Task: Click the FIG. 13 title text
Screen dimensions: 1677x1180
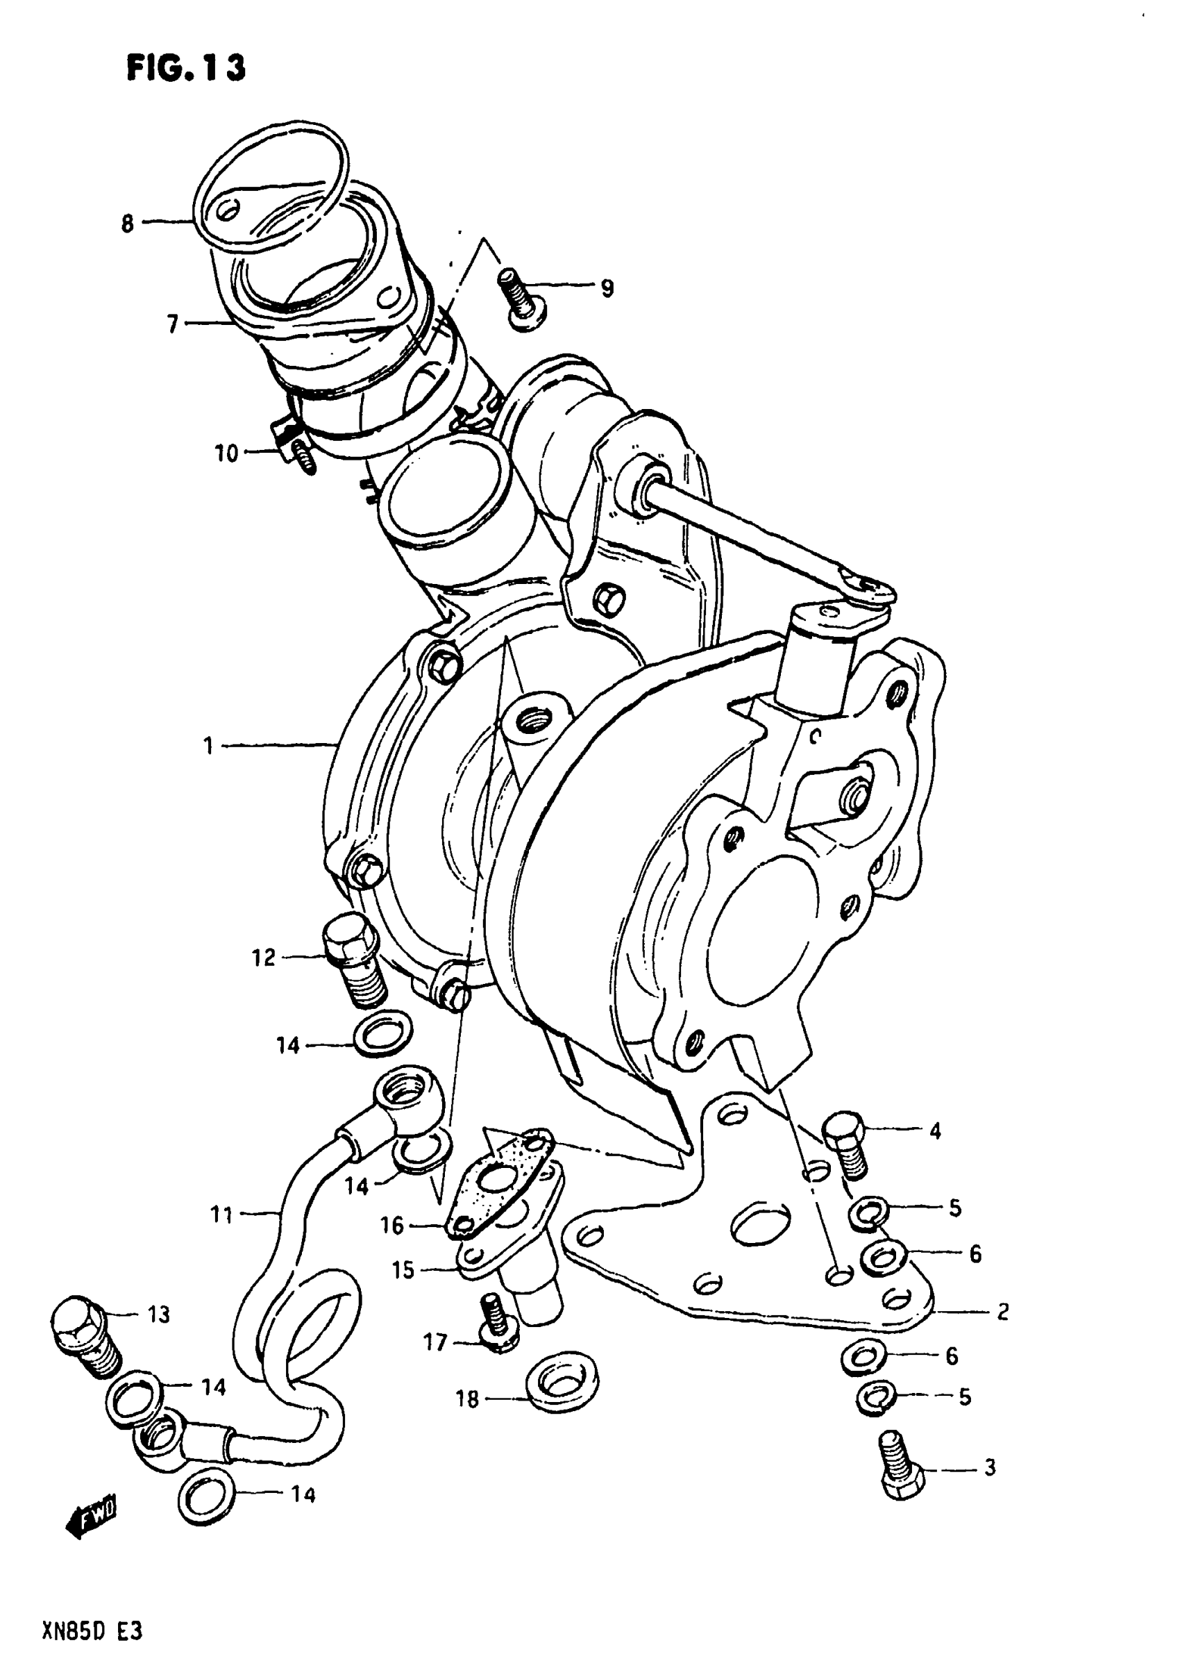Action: click(x=186, y=68)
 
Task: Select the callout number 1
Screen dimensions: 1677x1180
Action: click(x=208, y=746)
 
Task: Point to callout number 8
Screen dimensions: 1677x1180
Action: click(x=128, y=223)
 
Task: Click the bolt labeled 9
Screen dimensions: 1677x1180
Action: click(x=520, y=299)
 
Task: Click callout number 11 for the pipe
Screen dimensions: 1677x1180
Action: click(x=221, y=1215)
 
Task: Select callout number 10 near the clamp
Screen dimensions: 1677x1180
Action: click(x=226, y=453)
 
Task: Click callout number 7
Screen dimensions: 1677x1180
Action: click(x=172, y=324)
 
